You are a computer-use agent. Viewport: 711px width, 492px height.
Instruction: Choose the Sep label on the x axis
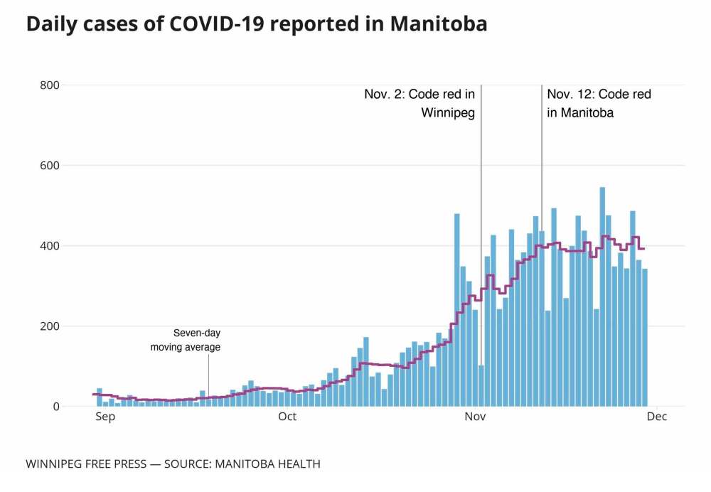(x=105, y=417)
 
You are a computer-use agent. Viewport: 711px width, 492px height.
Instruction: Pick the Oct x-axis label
(x=287, y=417)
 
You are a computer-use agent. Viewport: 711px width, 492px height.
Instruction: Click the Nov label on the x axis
(x=475, y=417)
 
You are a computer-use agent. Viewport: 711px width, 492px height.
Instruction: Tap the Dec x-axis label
(x=657, y=417)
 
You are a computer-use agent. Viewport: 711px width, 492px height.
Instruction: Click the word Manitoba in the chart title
(x=439, y=23)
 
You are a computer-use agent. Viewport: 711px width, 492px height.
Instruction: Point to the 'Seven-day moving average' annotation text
(x=186, y=340)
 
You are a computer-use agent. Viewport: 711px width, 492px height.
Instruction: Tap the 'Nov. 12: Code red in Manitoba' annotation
(x=599, y=103)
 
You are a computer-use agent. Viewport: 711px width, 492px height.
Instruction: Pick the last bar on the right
(x=645, y=338)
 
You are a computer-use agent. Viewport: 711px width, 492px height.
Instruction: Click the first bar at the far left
(x=100, y=397)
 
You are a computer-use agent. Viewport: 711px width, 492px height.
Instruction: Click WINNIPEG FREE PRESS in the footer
(x=85, y=464)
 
